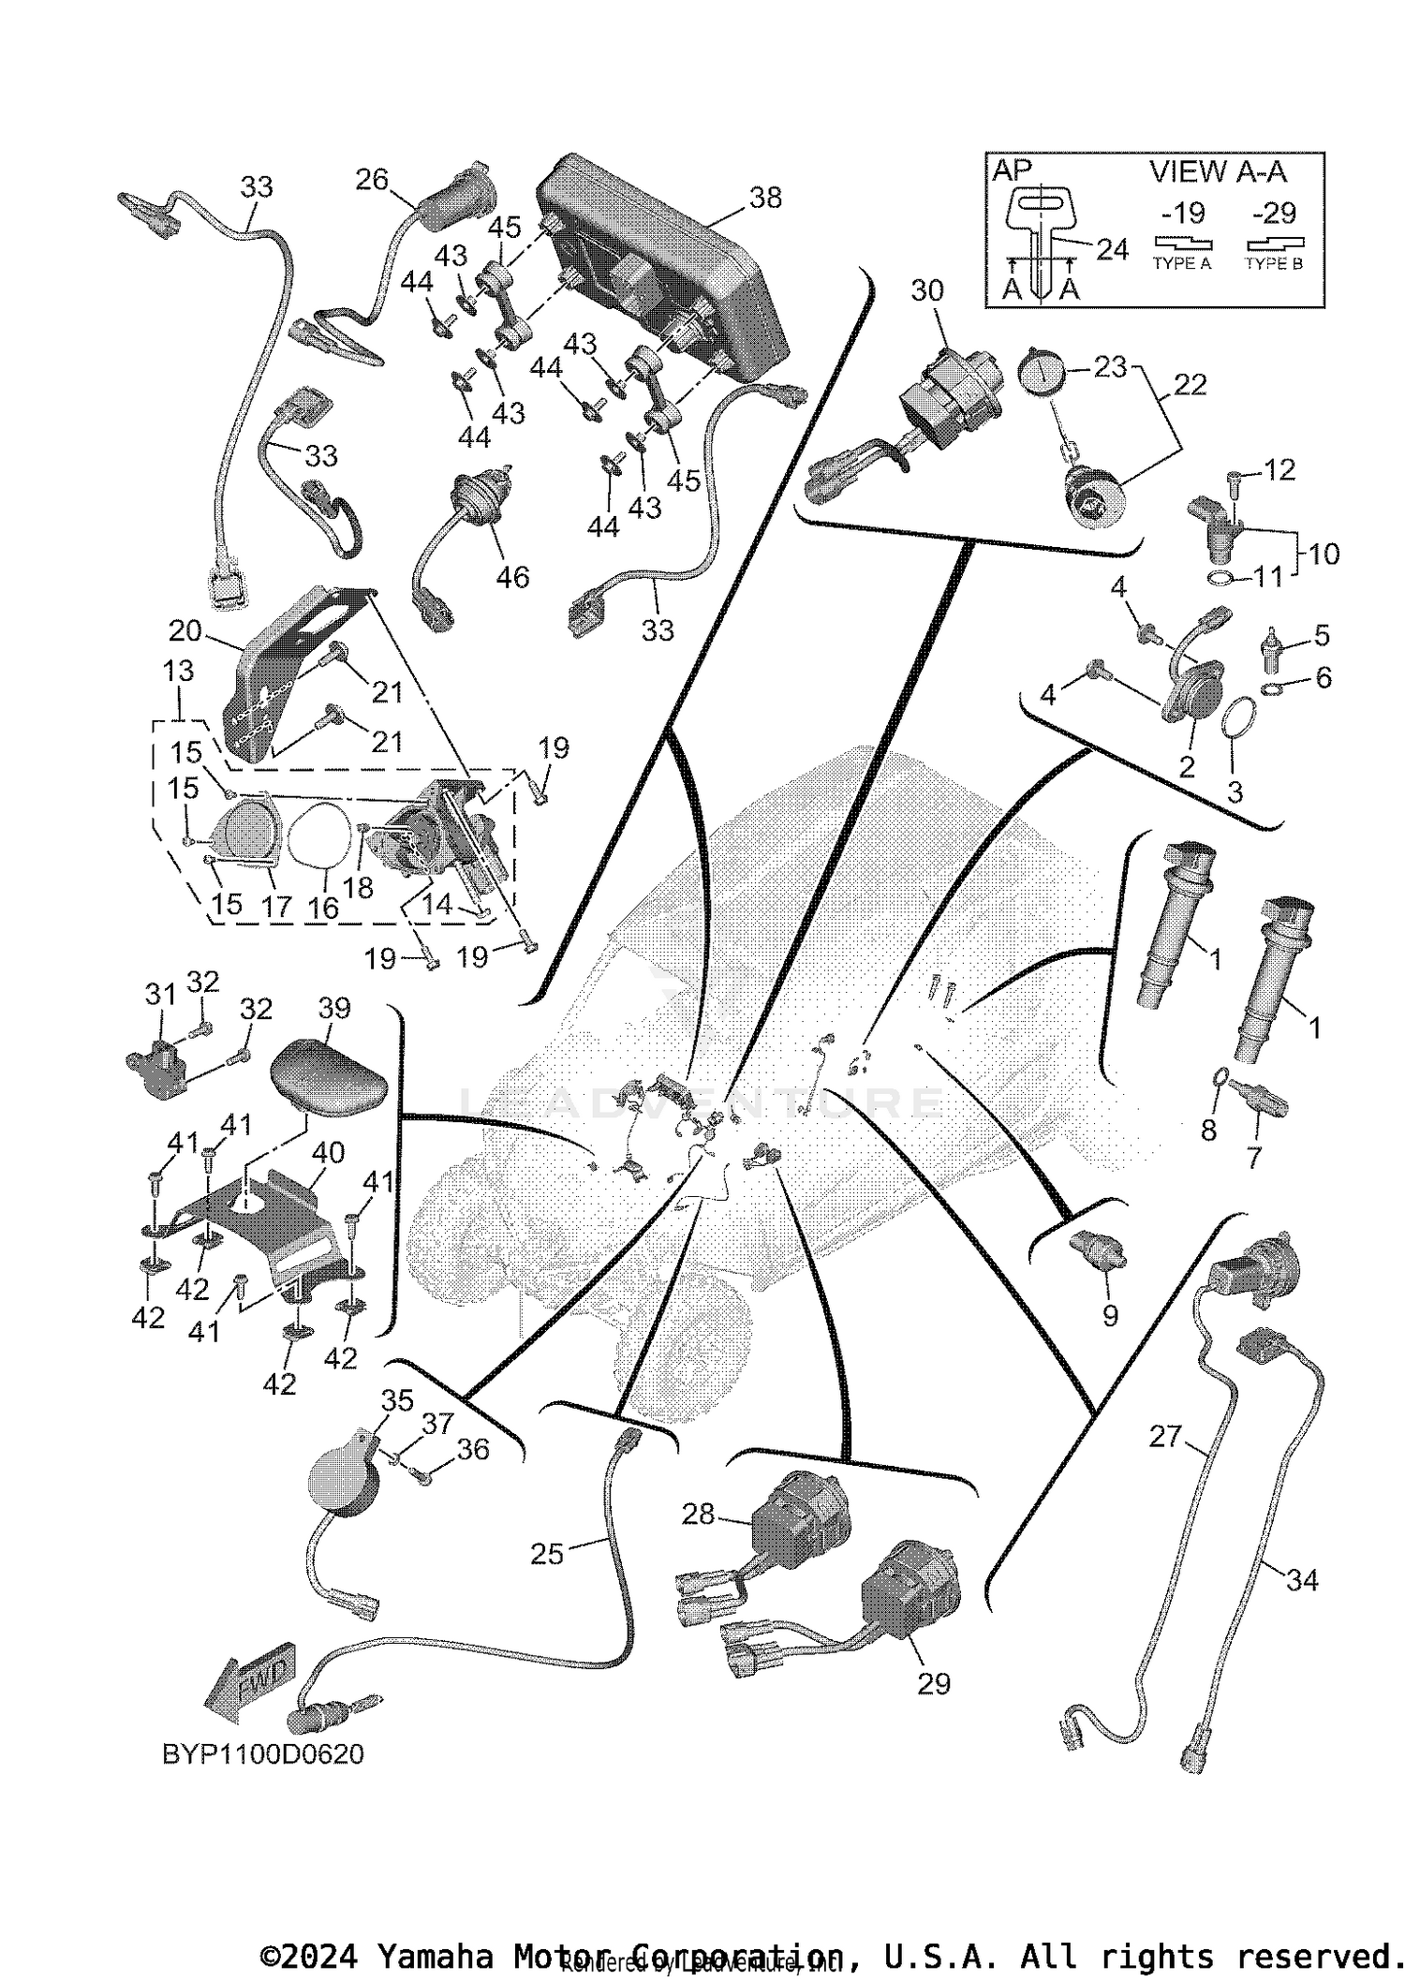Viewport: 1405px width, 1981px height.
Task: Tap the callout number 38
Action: tap(765, 198)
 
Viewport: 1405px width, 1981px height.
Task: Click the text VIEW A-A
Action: tap(1218, 172)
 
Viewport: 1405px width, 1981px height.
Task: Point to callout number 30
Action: tap(927, 291)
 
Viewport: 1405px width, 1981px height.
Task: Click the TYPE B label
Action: tap(1273, 264)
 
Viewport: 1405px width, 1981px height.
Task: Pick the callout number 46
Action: tap(512, 577)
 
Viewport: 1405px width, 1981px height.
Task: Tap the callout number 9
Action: tap(1110, 1316)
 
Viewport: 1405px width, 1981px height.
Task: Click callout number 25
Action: tap(547, 1554)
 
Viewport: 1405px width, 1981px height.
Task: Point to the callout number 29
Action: tap(933, 1683)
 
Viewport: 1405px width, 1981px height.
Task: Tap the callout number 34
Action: tap(1302, 1580)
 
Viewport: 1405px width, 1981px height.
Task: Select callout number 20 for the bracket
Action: tap(185, 631)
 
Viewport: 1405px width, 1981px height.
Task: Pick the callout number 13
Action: tap(178, 671)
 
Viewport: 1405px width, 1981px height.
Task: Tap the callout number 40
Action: tap(328, 1152)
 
